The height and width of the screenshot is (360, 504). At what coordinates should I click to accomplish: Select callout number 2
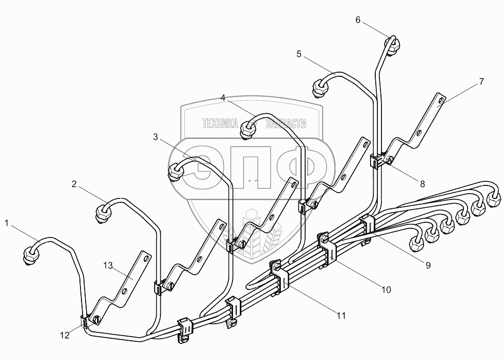point(74,183)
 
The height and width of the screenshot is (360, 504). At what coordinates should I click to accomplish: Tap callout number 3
point(155,137)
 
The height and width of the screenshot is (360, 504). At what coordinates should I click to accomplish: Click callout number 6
point(358,20)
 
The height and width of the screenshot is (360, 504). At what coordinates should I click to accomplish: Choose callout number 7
point(481,82)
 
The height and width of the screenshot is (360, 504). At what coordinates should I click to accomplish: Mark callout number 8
point(422,183)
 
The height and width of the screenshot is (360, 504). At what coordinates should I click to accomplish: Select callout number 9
point(428,265)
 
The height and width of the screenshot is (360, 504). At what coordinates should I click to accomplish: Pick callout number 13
point(107,266)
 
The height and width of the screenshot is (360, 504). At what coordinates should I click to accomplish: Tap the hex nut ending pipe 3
point(176,171)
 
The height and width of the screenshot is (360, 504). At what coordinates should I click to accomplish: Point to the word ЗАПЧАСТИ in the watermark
point(285,124)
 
